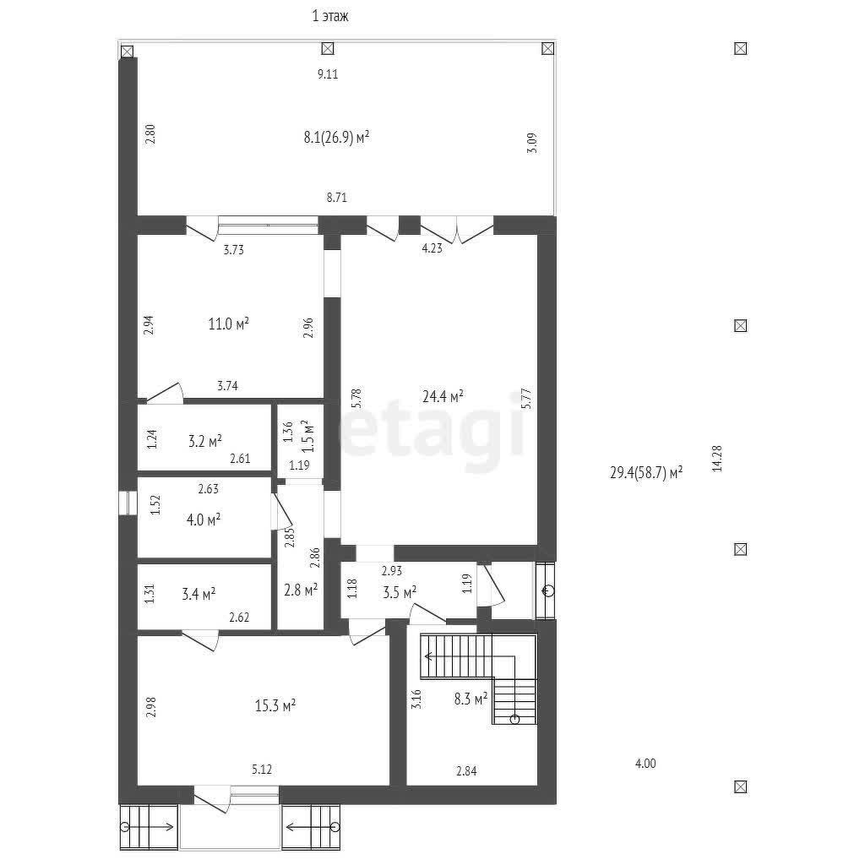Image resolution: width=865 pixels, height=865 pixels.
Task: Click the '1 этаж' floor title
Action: coord(330,16)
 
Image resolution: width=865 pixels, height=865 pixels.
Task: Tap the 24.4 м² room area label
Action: coord(443,396)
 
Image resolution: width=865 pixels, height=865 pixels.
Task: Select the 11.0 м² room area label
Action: coord(228,324)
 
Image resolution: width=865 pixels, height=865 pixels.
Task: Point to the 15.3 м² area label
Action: coord(275,705)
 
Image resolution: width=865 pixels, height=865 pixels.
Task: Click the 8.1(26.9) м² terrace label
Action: coord(336,137)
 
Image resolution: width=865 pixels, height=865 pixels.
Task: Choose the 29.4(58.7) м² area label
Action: coord(646,473)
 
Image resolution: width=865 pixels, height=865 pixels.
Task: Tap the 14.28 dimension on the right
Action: coord(717,459)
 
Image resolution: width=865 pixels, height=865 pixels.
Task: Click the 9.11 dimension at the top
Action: coord(328,74)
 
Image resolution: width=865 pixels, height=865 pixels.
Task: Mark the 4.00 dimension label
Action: coord(645,764)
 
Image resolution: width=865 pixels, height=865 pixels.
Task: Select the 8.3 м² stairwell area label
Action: coord(471,699)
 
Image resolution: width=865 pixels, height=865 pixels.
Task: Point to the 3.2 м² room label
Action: coord(205,441)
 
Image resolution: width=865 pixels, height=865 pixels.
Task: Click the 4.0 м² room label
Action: coord(204,520)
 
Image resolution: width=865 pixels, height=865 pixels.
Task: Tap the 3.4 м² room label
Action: coord(199,594)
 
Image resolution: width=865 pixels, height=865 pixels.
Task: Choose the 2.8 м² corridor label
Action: coord(301,590)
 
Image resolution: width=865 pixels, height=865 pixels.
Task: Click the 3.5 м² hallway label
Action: coord(400,593)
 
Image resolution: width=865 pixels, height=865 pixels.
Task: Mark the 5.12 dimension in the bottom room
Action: coord(262,769)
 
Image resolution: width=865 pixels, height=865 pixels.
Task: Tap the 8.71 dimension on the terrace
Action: coord(336,198)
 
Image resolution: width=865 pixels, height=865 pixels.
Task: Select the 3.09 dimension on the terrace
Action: coord(532,143)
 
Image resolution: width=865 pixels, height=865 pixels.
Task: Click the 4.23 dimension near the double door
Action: coord(432,248)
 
